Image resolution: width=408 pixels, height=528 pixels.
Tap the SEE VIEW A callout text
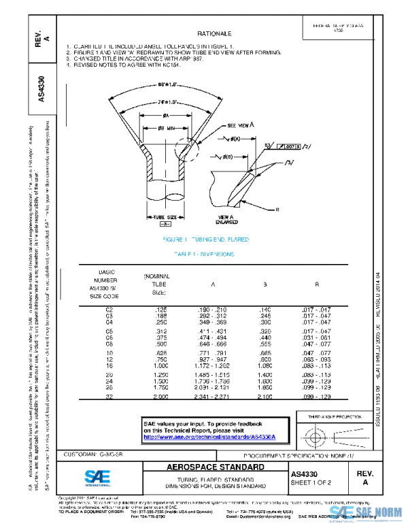coord(240,126)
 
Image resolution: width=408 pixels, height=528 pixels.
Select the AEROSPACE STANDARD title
coord(206,468)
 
